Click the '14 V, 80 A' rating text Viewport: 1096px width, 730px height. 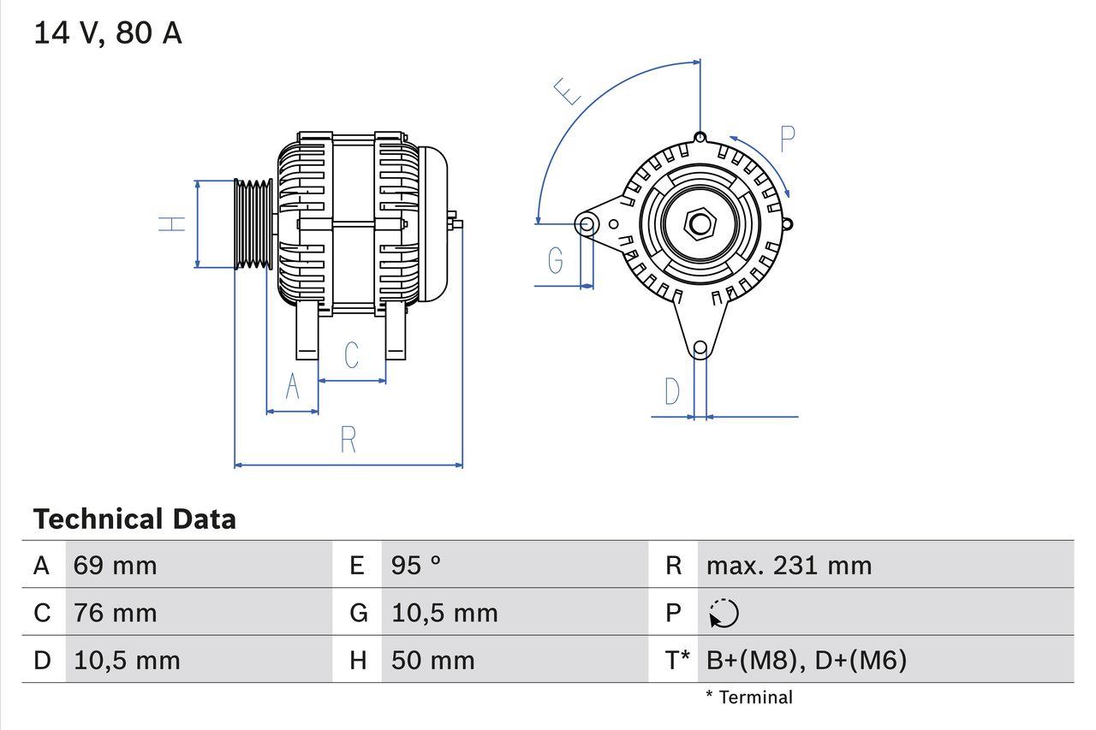107,33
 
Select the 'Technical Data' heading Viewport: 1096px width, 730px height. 134,519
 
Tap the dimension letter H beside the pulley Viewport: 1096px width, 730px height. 172,224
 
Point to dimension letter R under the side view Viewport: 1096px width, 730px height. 348,440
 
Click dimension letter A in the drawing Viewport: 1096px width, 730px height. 292,387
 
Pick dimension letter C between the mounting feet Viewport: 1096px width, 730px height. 351,354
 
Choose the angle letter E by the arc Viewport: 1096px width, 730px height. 567,91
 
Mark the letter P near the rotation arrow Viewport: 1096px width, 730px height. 787,139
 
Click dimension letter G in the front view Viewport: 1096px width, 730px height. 556,259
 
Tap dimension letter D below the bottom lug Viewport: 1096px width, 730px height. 672,391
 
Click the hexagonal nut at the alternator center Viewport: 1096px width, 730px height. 700,224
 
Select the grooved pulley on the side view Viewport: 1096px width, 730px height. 253,224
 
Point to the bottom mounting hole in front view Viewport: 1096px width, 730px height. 700,347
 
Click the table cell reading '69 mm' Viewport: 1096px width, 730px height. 116,566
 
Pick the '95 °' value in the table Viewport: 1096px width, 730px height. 416,566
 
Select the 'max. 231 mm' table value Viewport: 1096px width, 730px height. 789,566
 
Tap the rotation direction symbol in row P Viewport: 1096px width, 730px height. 724,614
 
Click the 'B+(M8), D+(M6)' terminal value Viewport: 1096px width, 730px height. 806,660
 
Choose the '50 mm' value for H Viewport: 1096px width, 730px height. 432,660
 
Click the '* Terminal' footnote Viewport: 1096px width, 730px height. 749,697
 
